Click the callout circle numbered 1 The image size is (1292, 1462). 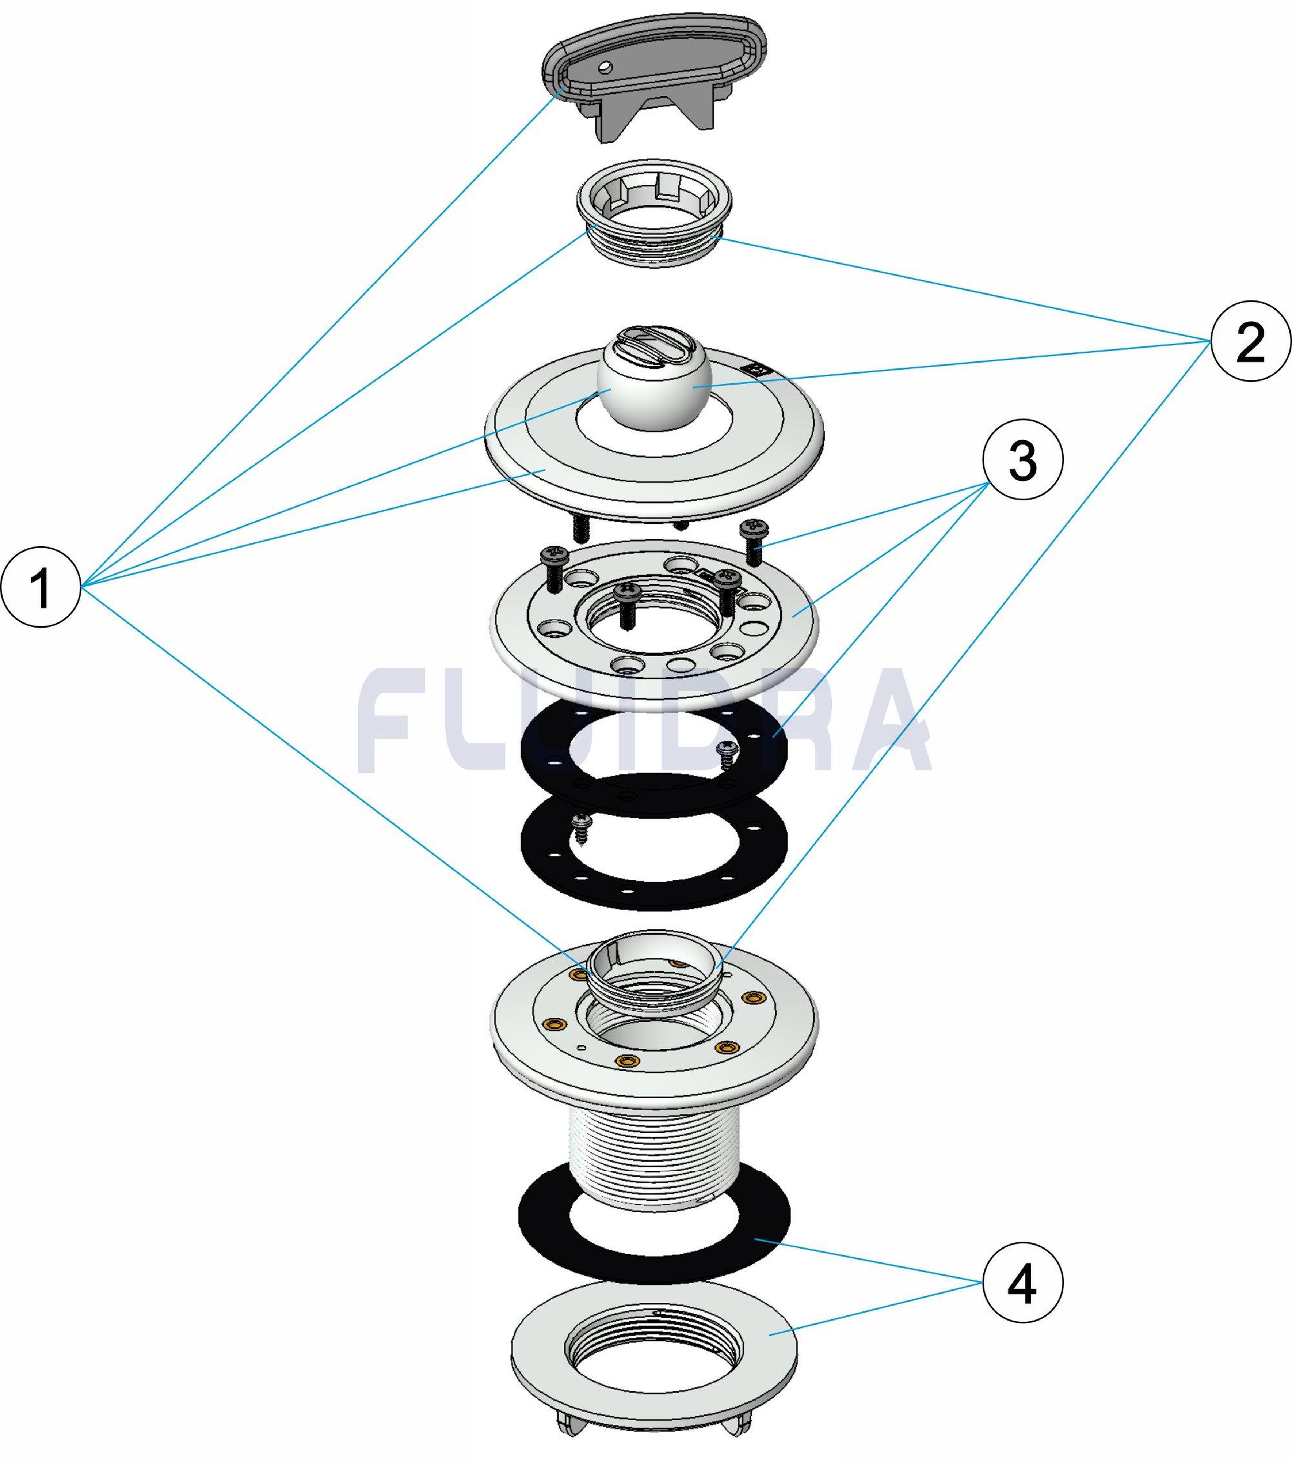(x=41, y=587)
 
